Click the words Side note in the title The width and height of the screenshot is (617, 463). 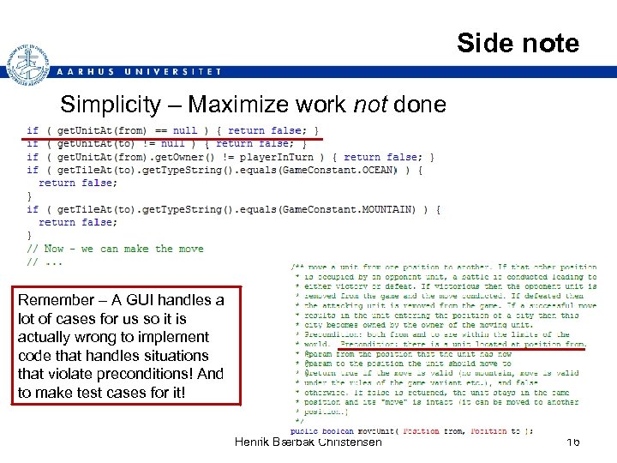point(518,43)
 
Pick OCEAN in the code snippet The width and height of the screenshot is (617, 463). point(378,170)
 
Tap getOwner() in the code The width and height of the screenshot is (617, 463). point(183,157)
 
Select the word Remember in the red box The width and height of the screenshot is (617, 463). point(57,300)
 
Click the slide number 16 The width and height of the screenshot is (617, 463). point(572,442)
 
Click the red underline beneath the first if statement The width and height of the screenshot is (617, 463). point(172,137)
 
